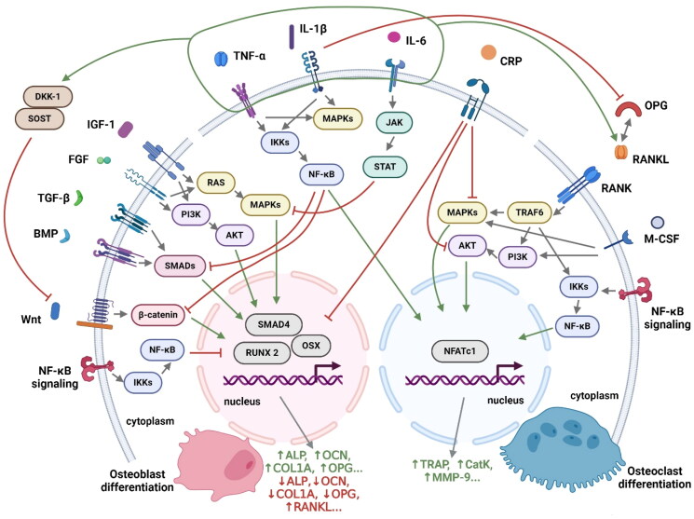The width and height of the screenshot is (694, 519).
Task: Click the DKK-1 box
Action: [x=48, y=97]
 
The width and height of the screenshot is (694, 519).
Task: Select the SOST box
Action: [x=39, y=118]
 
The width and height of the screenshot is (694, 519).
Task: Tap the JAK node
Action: [x=394, y=122]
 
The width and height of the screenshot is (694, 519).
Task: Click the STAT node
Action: [x=385, y=167]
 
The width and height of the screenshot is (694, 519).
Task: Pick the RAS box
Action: [x=215, y=183]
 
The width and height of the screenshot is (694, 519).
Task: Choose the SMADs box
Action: [x=180, y=266]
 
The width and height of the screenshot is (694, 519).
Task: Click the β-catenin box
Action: [x=158, y=315]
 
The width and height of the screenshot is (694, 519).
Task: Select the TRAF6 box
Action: [x=530, y=212]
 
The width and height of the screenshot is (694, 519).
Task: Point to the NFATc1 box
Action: [x=460, y=351]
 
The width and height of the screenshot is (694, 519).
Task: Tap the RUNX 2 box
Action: [x=262, y=352]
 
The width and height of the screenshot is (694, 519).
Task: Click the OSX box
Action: [x=311, y=345]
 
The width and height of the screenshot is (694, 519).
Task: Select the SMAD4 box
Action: [x=274, y=324]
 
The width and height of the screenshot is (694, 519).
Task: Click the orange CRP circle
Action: [x=488, y=53]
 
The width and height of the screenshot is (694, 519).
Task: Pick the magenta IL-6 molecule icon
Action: [x=393, y=37]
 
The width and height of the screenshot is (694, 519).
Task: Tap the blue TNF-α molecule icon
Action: [x=221, y=59]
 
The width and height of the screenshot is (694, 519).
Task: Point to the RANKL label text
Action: [x=650, y=159]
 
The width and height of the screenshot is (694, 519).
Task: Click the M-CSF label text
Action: [x=661, y=239]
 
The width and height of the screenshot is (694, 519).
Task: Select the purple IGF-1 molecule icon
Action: [x=126, y=130]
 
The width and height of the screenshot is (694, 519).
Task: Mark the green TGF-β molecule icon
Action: [x=78, y=198]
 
